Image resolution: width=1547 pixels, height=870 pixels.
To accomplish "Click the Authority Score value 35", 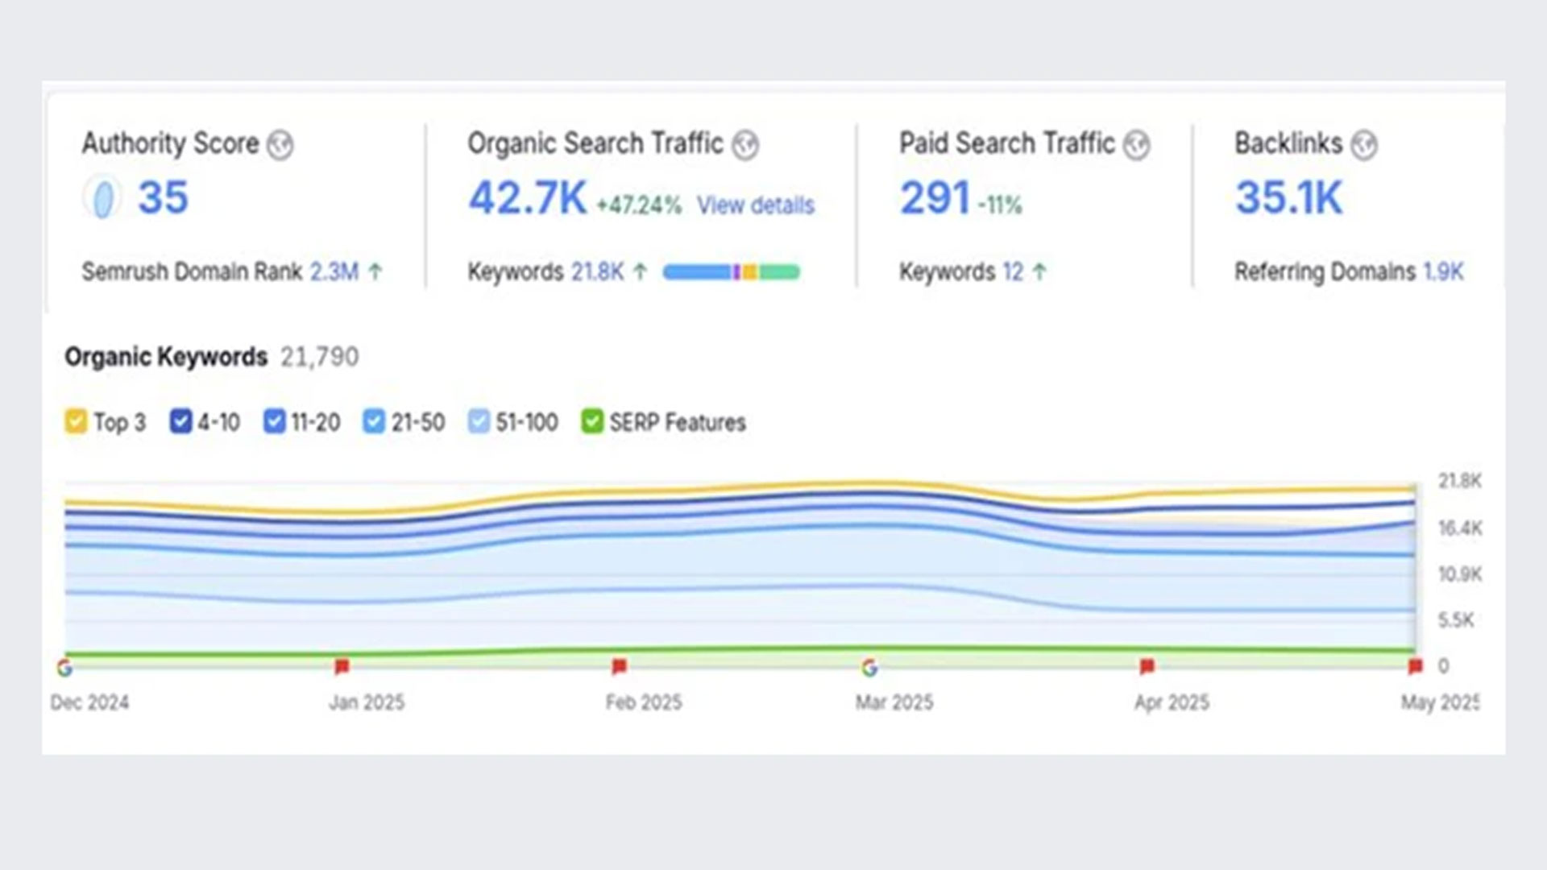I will [163, 197].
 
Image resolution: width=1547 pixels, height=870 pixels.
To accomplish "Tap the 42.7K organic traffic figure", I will [528, 198].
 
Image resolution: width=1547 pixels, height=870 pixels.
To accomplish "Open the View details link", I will [755, 205].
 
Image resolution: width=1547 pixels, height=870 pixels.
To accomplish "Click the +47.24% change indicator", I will [638, 205].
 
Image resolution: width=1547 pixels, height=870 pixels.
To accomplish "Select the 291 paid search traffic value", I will [935, 198].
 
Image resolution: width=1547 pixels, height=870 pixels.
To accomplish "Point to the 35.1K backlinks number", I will [1288, 198].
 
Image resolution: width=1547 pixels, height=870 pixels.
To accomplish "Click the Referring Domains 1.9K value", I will [1442, 271].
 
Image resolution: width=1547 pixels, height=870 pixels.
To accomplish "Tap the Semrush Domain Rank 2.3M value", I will [334, 271].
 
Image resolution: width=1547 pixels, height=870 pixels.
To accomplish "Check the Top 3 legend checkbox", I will [76, 421].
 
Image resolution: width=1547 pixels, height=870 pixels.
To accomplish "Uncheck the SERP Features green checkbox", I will [591, 421].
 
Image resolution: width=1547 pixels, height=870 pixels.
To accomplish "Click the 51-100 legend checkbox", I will [479, 421].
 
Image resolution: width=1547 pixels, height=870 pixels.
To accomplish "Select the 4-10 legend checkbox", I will [180, 421].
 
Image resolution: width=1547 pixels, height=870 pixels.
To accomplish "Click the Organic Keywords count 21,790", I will [319, 357].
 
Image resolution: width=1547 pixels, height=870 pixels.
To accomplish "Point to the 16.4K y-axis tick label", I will [1459, 528].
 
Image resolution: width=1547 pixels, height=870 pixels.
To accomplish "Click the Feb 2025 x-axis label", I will [643, 702].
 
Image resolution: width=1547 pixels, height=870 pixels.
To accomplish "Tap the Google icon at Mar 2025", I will [869, 668].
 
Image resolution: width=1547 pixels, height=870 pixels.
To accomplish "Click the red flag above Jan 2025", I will [342, 666].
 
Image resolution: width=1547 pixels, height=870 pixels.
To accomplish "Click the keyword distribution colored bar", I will [731, 272].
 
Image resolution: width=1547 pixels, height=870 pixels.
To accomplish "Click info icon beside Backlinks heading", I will [1363, 145].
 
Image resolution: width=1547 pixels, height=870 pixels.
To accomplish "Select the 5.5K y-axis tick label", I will [1455, 620].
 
